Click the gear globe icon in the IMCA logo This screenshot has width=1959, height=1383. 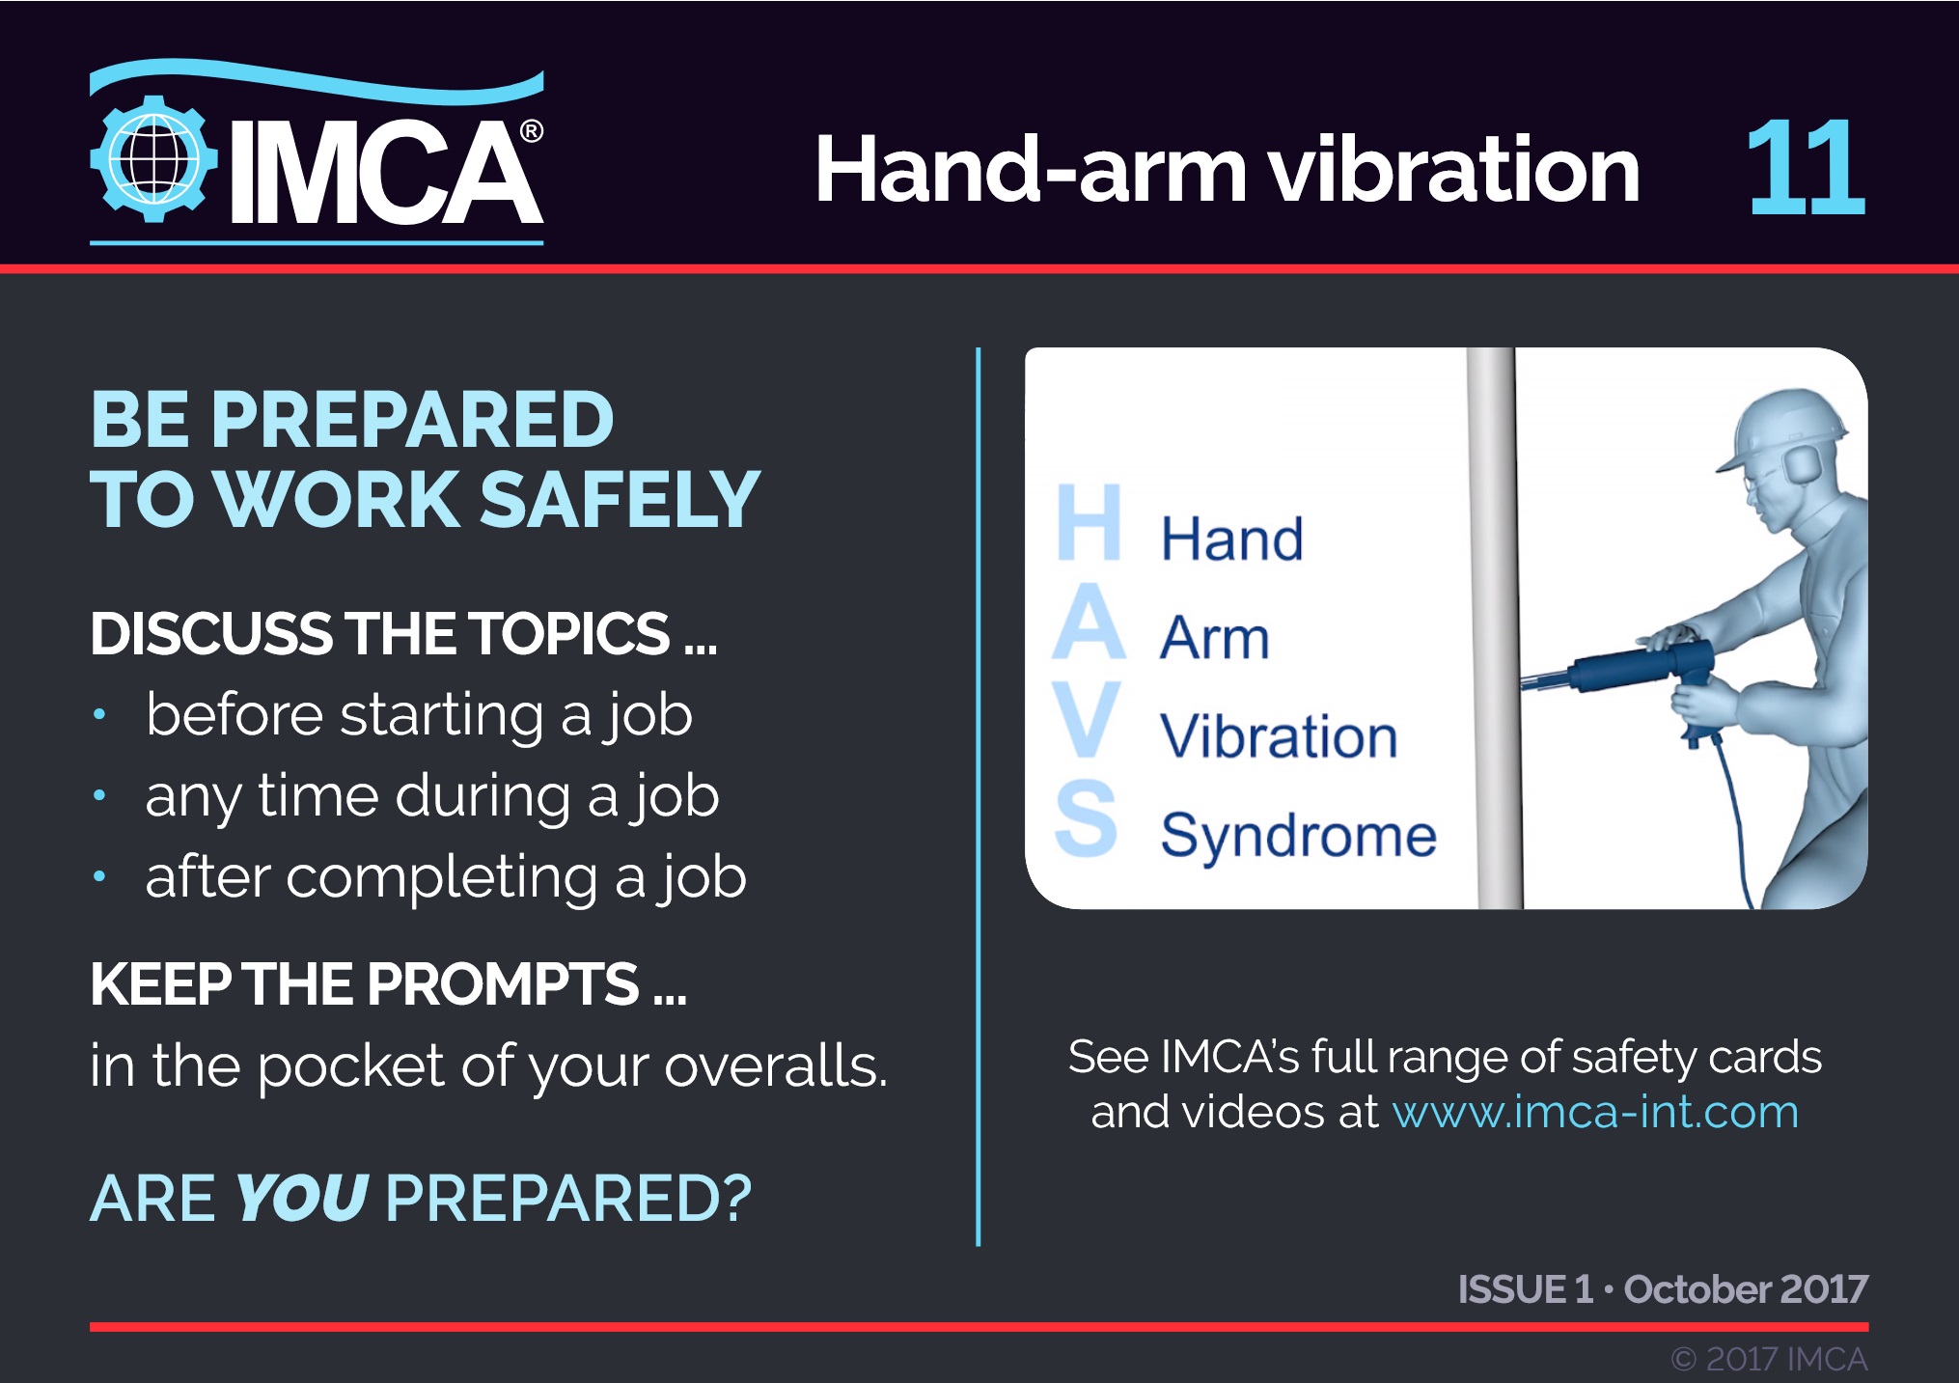click(152, 159)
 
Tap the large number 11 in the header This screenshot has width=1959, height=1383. click(1806, 168)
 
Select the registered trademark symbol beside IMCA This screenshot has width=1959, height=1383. click(531, 131)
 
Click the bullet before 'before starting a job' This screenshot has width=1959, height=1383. click(99, 715)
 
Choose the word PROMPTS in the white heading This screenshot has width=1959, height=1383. click(503, 985)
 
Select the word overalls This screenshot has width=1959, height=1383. click(775, 1066)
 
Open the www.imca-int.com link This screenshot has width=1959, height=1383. click(1595, 1112)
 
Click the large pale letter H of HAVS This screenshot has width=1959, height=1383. click(1089, 522)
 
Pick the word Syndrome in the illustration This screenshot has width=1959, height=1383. click(1298, 836)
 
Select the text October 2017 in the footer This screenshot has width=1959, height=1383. click(1746, 1289)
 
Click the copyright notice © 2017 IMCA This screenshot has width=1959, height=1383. click(1770, 1359)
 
